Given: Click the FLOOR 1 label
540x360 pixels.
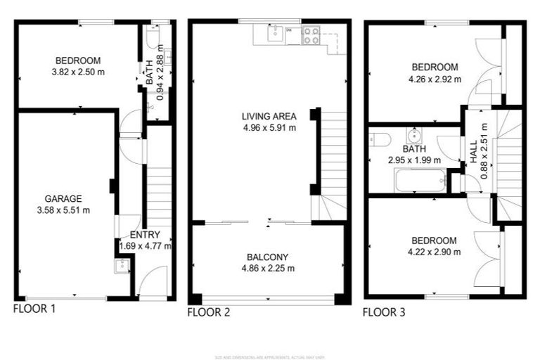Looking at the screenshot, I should [34, 308].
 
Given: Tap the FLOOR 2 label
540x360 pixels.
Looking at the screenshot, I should [208, 312].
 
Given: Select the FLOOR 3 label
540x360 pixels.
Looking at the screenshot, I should [384, 312].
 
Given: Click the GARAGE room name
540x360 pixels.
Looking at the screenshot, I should [64, 199].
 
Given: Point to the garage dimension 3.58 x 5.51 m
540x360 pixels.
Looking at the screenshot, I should [64, 210].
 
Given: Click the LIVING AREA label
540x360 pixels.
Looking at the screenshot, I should [269, 117].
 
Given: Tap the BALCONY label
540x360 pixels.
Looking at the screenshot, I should [267, 257].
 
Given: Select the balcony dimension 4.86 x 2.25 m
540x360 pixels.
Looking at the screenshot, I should [267, 268].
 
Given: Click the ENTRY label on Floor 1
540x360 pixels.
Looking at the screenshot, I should [145, 235].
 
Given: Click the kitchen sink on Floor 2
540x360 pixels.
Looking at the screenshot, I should [274, 32].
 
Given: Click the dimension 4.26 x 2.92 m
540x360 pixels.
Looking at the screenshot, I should [435, 79].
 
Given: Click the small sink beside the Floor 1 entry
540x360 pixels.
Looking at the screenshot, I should [122, 266].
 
